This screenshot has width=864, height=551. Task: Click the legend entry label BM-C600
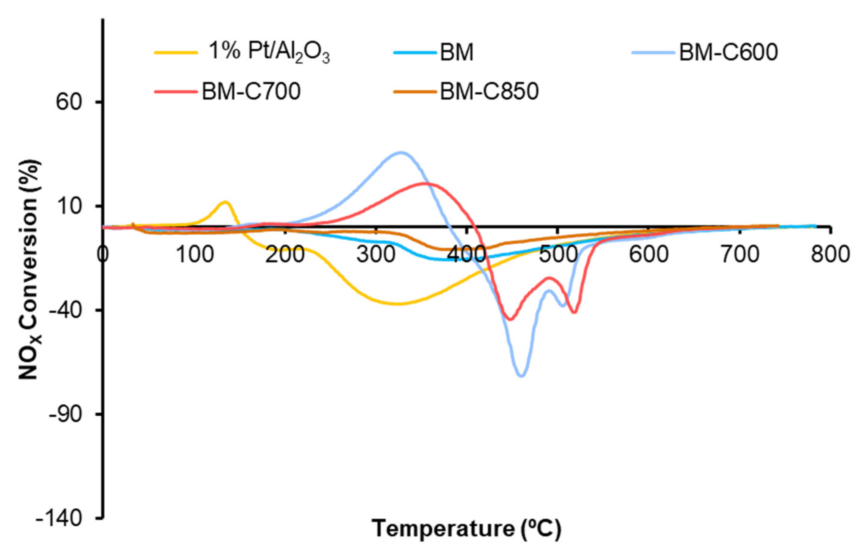point(728,52)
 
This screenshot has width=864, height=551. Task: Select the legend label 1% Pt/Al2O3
point(269,52)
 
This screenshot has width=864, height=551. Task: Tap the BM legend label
point(456,52)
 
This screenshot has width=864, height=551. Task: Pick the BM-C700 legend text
point(251,91)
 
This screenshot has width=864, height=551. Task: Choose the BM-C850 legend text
point(489,91)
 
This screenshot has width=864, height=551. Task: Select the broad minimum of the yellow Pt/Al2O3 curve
point(398,304)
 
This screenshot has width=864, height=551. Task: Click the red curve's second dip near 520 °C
point(574,312)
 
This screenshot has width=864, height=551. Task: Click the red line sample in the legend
point(176,91)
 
